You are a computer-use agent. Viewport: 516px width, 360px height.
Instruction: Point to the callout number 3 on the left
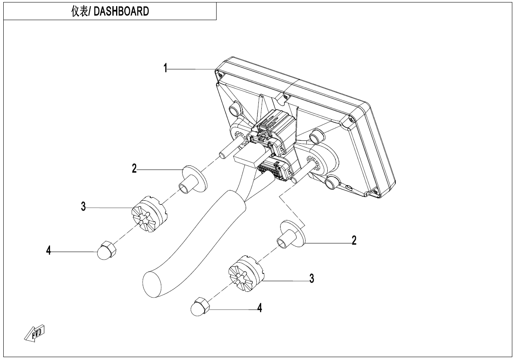[x=83, y=207]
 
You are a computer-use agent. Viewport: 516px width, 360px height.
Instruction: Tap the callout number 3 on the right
[x=312, y=279]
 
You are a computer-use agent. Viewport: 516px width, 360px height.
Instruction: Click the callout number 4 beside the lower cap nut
[x=259, y=307]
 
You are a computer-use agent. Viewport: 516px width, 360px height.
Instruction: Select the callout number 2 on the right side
[x=354, y=241]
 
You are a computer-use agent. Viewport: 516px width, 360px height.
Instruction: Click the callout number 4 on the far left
[x=49, y=250]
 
